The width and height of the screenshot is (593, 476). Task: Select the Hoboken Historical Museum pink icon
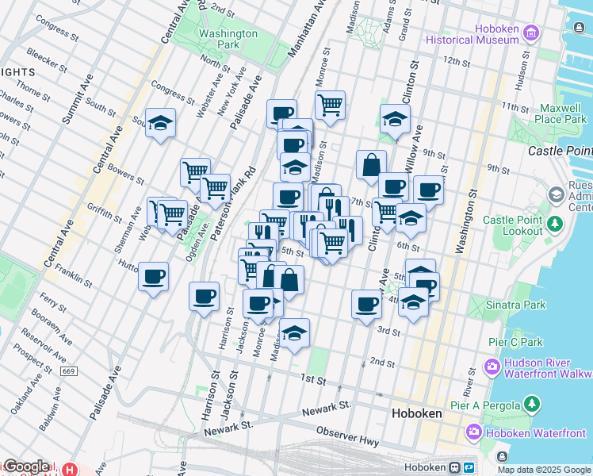[x=531, y=33]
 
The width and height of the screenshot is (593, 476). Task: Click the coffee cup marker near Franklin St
[x=154, y=277]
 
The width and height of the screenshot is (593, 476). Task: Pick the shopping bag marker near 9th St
[x=371, y=166]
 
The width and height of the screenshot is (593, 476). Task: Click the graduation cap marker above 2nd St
[x=294, y=333]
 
